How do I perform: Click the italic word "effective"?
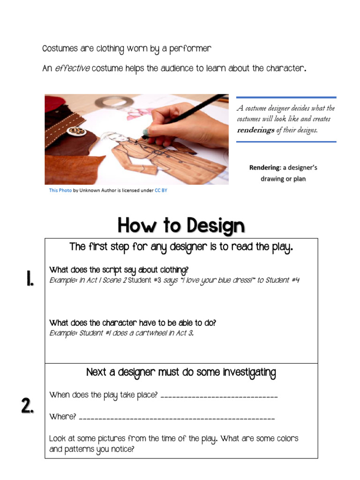coord(72,68)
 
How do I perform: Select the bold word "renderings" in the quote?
coord(255,130)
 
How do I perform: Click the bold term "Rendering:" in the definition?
coord(264,167)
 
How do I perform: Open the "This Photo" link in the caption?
coord(60,190)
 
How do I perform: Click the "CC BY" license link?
coord(161,190)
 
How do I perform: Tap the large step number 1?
coord(29,279)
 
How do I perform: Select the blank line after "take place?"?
coord(219,397)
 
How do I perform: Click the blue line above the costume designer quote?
coord(286,97)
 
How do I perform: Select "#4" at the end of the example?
coord(294,280)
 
